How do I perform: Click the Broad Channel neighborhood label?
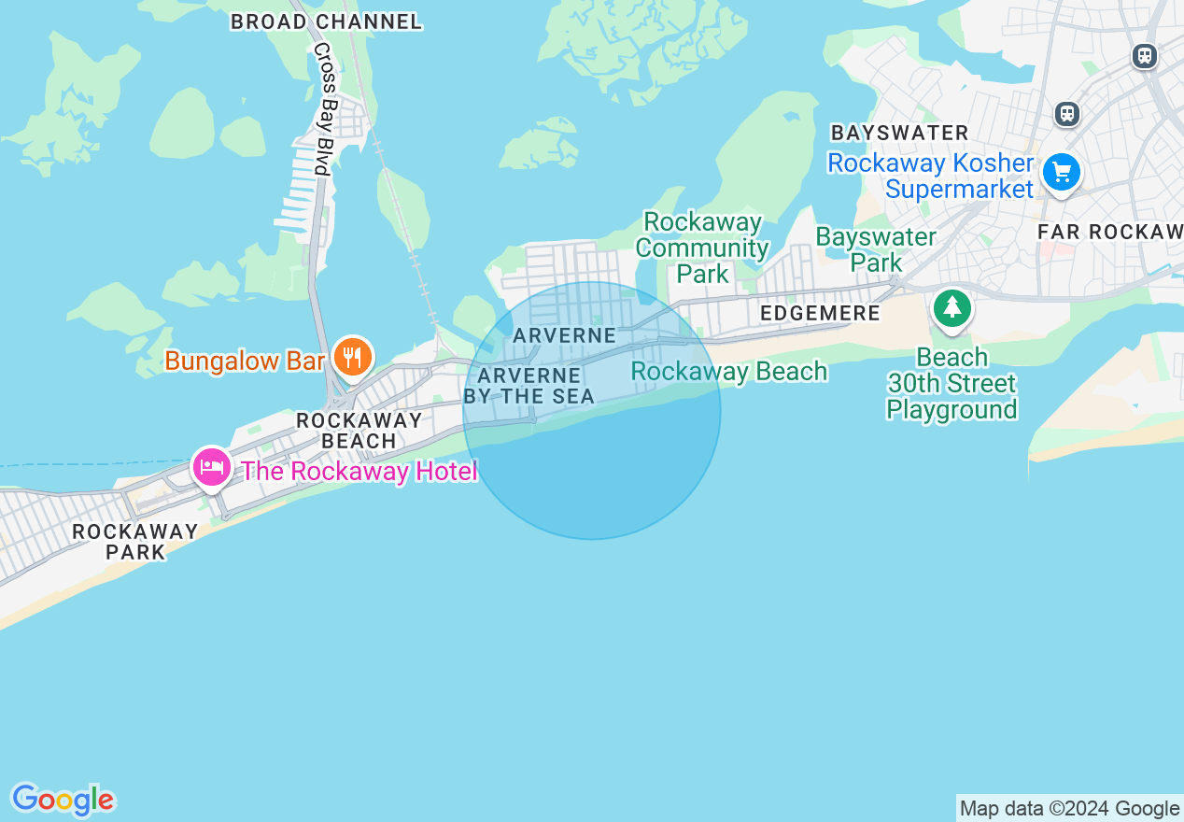click(x=326, y=21)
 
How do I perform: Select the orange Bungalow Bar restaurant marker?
click(x=352, y=357)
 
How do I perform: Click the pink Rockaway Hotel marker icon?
click(x=212, y=466)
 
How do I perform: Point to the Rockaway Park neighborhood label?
click(x=135, y=542)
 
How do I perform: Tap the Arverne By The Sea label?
click(x=529, y=386)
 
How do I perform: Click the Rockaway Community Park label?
click(x=702, y=248)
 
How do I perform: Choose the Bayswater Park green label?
click(x=876, y=249)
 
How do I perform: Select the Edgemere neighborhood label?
click(x=820, y=314)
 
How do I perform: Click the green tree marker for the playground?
click(x=951, y=307)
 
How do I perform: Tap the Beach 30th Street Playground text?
click(x=951, y=384)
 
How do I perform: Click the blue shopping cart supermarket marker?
click(x=1061, y=172)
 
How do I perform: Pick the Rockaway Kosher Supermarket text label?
click(x=931, y=176)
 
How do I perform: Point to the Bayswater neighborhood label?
click(x=899, y=133)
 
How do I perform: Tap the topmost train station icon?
click(x=1144, y=56)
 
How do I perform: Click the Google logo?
click(x=63, y=800)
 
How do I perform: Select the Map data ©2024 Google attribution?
click(x=1069, y=809)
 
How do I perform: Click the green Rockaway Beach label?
click(x=728, y=372)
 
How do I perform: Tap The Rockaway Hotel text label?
click(x=359, y=471)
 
